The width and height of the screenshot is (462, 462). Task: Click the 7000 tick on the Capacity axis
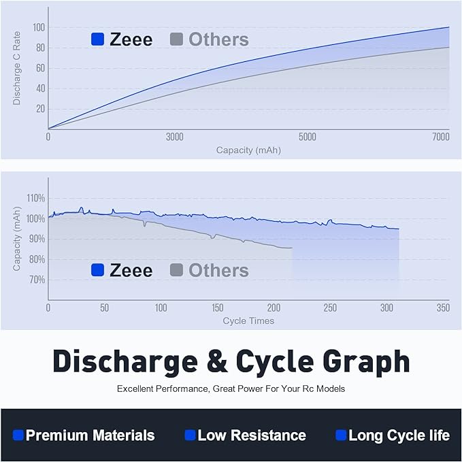tap(441, 137)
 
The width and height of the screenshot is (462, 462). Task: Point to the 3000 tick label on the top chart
tap(175, 137)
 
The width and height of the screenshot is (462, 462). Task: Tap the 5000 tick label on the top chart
tap(308, 137)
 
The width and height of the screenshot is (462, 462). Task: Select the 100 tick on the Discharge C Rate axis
tap(38, 27)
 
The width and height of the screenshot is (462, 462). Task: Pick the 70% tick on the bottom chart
tap(37, 280)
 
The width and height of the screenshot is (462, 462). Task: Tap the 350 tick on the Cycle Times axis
tap(443, 308)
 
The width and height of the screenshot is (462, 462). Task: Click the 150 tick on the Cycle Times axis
tap(217, 308)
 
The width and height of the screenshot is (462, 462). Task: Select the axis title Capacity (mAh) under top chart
tap(248, 150)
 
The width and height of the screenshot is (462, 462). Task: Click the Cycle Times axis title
tap(248, 320)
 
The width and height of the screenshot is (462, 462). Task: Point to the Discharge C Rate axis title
tap(17, 71)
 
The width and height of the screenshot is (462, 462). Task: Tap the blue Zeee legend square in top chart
tap(97, 39)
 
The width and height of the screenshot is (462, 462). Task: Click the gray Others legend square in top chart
tap(176, 39)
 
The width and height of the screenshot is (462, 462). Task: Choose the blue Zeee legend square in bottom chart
tap(97, 270)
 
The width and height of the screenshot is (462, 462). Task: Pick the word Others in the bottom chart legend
tap(218, 270)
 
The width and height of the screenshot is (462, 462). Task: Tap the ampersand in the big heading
tap(218, 361)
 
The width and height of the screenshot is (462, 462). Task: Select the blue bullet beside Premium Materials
tap(18, 435)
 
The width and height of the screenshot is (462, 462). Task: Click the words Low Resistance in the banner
tap(251, 435)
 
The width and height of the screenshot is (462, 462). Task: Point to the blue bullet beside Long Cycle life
tap(341, 435)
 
